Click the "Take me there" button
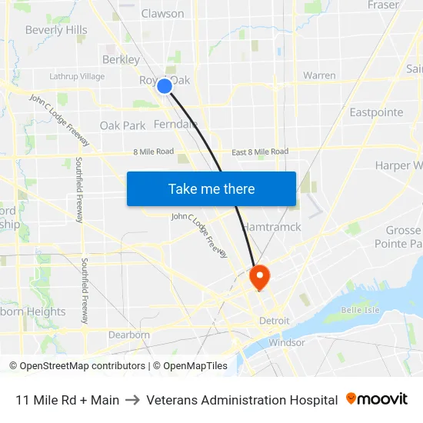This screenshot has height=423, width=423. tap(211, 189)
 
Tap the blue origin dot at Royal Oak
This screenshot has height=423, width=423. tap(165, 86)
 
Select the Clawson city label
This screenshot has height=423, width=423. tap(162, 13)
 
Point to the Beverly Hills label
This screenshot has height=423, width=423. tap(56, 30)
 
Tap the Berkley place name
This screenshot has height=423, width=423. tap(121, 59)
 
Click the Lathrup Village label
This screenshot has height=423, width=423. tap(77, 76)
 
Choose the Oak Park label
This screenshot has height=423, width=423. tap(122, 125)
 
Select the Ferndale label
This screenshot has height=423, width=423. tap(175, 124)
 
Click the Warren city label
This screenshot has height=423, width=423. tap(319, 75)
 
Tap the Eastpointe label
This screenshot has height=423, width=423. tap(376, 112)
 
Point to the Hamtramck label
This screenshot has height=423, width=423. tap(271, 227)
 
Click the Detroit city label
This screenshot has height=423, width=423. tap(274, 320)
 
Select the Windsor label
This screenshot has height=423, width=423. tap(287, 342)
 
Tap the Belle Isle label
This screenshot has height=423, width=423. tap(361, 310)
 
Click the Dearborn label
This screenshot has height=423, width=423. tap(128, 335)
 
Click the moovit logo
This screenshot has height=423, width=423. tap(377, 399)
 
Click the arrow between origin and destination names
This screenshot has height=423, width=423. tap(132, 400)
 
